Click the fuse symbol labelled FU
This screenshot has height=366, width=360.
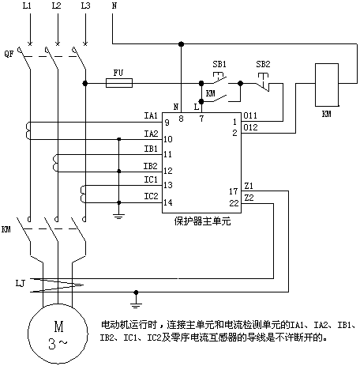[119, 83]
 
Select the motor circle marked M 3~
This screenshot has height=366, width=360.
[58, 334]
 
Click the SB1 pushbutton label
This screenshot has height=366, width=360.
[219, 64]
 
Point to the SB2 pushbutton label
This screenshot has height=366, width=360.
[263, 64]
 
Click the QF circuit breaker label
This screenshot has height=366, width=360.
[9, 54]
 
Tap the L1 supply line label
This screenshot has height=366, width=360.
[27, 6]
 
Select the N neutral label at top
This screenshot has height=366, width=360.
[114, 6]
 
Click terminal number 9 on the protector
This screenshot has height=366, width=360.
[167, 123]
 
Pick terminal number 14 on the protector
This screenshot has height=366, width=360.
[168, 202]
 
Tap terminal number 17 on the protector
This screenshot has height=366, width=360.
[233, 191]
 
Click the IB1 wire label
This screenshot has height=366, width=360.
[151, 149]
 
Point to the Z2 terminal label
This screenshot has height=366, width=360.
[249, 198]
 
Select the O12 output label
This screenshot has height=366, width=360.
[250, 127]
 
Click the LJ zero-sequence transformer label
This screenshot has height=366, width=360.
[20, 284]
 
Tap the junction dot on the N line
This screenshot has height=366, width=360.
[181, 43]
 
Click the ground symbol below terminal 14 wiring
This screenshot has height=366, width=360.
[118, 217]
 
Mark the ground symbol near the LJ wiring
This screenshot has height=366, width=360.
[136, 306]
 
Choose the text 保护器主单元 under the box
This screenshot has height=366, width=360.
[202, 221]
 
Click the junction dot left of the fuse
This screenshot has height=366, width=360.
[84, 83]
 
